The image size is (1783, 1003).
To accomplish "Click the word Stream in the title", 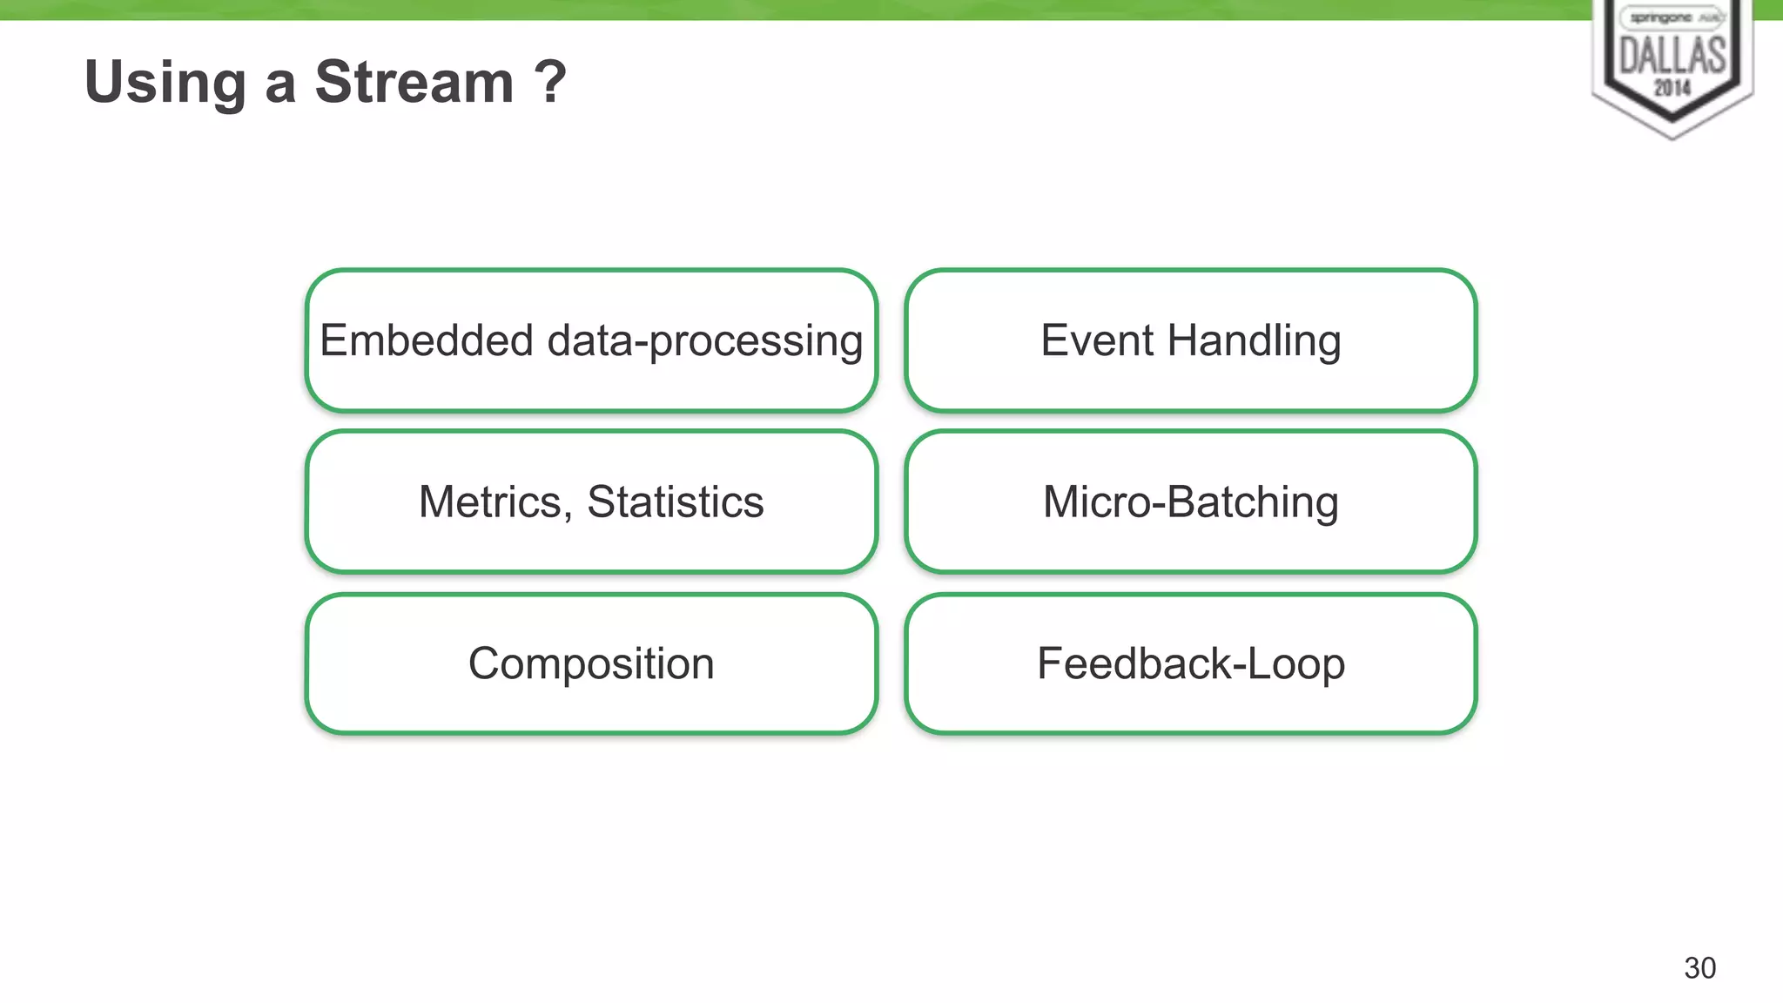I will pyautogui.click(x=414, y=83).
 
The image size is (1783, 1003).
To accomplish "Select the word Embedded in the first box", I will pyautogui.click(x=426, y=340).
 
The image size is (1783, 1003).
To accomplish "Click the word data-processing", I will pyautogui.click(x=704, y=341).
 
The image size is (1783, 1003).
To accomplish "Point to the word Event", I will pyautogui.click(x=1097, y=340).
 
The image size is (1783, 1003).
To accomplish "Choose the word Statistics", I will pyautogui.click(x=676, y=502).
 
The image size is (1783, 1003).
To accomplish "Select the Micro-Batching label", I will pyautogui.click(x=1190, y=502).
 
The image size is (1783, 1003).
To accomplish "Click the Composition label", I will pyautogui.click(x=591, y=664).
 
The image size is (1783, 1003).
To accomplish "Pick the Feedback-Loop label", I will pyautogui.click(x=1190, y=664).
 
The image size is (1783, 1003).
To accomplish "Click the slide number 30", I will pyautogui.click(x=1699, y=968).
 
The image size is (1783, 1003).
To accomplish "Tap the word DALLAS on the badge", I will pyautogui.click(x=1672, y=56).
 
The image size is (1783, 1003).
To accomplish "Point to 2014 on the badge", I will pyautogui.click(x=1672, y=88).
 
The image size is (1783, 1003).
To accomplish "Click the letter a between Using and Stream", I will pyautogui.click(x=279, y=86).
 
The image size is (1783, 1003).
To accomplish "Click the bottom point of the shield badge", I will pyautogui.click(x=1672, y=137).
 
